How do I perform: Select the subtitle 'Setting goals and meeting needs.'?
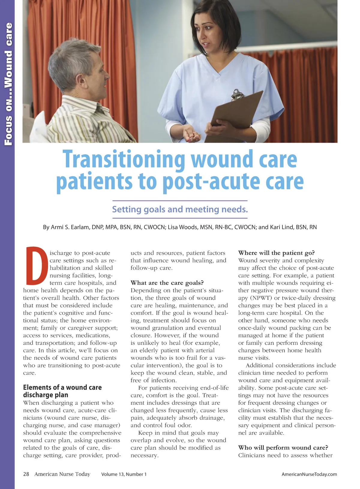tap(180, 209)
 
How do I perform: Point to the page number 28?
tap(26, 474)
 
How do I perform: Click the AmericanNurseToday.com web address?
tap(309, 474)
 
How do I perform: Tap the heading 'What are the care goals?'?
tap(167, 283)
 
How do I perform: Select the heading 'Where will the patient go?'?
tap(276, 253)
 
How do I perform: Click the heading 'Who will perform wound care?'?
tap(283, 448)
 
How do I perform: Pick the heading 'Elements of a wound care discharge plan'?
tap(62, 391)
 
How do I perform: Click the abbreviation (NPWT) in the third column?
tap(261, 298)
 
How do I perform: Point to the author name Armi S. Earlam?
tap(70, 227)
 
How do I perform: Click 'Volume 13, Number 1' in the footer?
tap(124, 474)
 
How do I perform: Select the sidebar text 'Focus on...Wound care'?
tap(8, 84)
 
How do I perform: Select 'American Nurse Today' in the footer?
tap(62, 474)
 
